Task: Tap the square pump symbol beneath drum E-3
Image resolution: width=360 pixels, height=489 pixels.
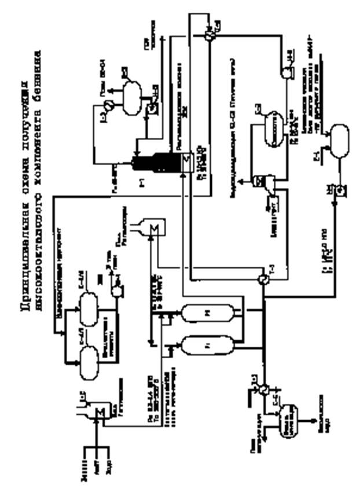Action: tap(151, 108)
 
